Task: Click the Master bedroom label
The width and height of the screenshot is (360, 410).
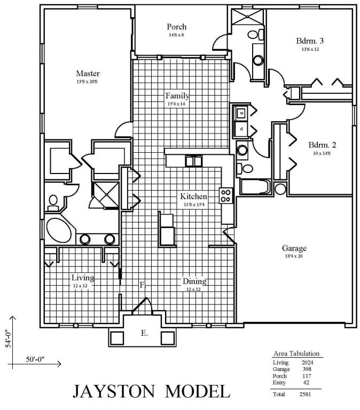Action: (x=88, y=74)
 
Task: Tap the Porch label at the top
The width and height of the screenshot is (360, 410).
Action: (x=176, y=27)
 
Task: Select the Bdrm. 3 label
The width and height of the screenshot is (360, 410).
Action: (x=310, y=41)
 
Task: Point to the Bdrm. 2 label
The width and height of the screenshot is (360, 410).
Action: (x=322, y=145)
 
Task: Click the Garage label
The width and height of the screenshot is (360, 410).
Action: (x=294, y=248)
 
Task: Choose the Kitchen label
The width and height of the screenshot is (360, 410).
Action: (x=193, y=196)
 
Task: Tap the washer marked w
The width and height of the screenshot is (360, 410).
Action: (x=241, y=113)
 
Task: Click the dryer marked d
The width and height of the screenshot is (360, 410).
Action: (x=241, y=129)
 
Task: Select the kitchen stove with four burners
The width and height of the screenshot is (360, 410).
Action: (x=226, y=195)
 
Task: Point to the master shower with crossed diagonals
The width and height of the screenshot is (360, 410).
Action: (x=105, y=191)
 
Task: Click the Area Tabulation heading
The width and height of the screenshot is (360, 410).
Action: (x=296, y=353)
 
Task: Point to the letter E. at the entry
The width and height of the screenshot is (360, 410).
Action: (x=144, y=333)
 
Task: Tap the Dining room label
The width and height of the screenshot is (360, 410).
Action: (x=194, y=281)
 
